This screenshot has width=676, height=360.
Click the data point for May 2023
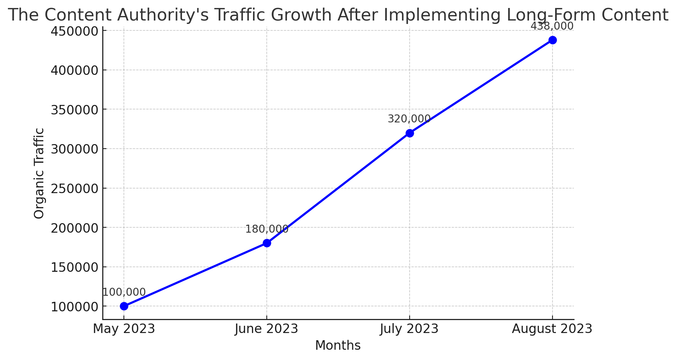click(x=124, y=306)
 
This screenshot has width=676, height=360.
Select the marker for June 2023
click(x=267, y=243)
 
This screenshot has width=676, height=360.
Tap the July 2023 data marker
click(x=410, y=133)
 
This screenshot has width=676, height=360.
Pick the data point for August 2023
click(x=553, y=40)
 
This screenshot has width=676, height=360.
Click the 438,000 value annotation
click(x=552, y=26)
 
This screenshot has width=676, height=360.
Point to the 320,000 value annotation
click(x=409, y=119)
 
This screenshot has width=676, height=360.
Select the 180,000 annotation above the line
click(x=267, y=229)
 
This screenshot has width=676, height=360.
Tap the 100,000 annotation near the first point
click(x=124, y=292)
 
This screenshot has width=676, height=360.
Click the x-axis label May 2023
click(x=124, y=329)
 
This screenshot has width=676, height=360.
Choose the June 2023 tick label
click(x=266, y=329)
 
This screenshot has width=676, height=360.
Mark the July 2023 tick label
click(x=409, y=329)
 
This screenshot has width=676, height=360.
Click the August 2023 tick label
click(x=552, y=329)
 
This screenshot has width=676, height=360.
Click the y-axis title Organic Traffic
click(x=39, y=173)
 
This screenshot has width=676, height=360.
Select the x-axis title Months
click(x=338, y=346)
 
